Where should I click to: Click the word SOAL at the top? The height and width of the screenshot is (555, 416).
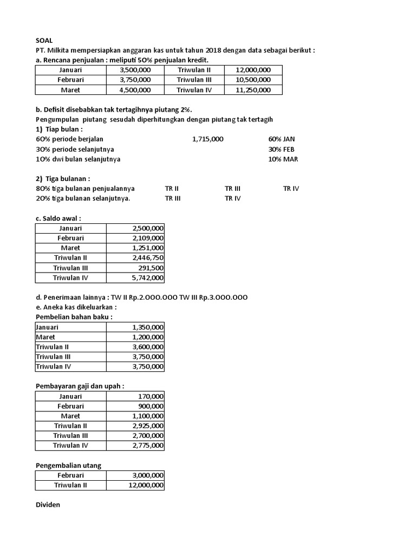point(44,40)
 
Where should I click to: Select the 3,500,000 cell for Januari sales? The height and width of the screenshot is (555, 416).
point(135,70)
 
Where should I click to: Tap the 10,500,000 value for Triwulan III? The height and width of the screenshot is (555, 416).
point(253,80)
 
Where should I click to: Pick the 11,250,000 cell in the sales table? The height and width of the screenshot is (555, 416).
point(253,90)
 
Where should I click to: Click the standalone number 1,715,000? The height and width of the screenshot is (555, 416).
point(207,139)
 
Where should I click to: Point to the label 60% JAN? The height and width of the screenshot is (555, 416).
point(282,139)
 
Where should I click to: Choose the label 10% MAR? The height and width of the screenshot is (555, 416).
point(283,159)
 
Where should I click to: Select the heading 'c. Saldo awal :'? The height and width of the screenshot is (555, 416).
point(58,218)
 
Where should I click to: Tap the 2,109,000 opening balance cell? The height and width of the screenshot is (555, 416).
point(147,238)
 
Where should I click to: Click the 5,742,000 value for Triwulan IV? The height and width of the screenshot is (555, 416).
point(147,277)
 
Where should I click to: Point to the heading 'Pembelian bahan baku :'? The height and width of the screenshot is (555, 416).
point(74,317)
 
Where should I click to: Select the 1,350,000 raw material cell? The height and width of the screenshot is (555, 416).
point(147,327)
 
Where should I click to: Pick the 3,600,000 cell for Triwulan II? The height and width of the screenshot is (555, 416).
point(147,347)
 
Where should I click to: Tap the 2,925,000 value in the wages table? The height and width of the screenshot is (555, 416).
point(147,426)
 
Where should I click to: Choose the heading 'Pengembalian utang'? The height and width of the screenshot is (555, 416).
point(68,465)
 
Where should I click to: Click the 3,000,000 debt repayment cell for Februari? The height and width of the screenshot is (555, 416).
point(147,475)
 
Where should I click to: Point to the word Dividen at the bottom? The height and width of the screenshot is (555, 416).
point(48,505)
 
